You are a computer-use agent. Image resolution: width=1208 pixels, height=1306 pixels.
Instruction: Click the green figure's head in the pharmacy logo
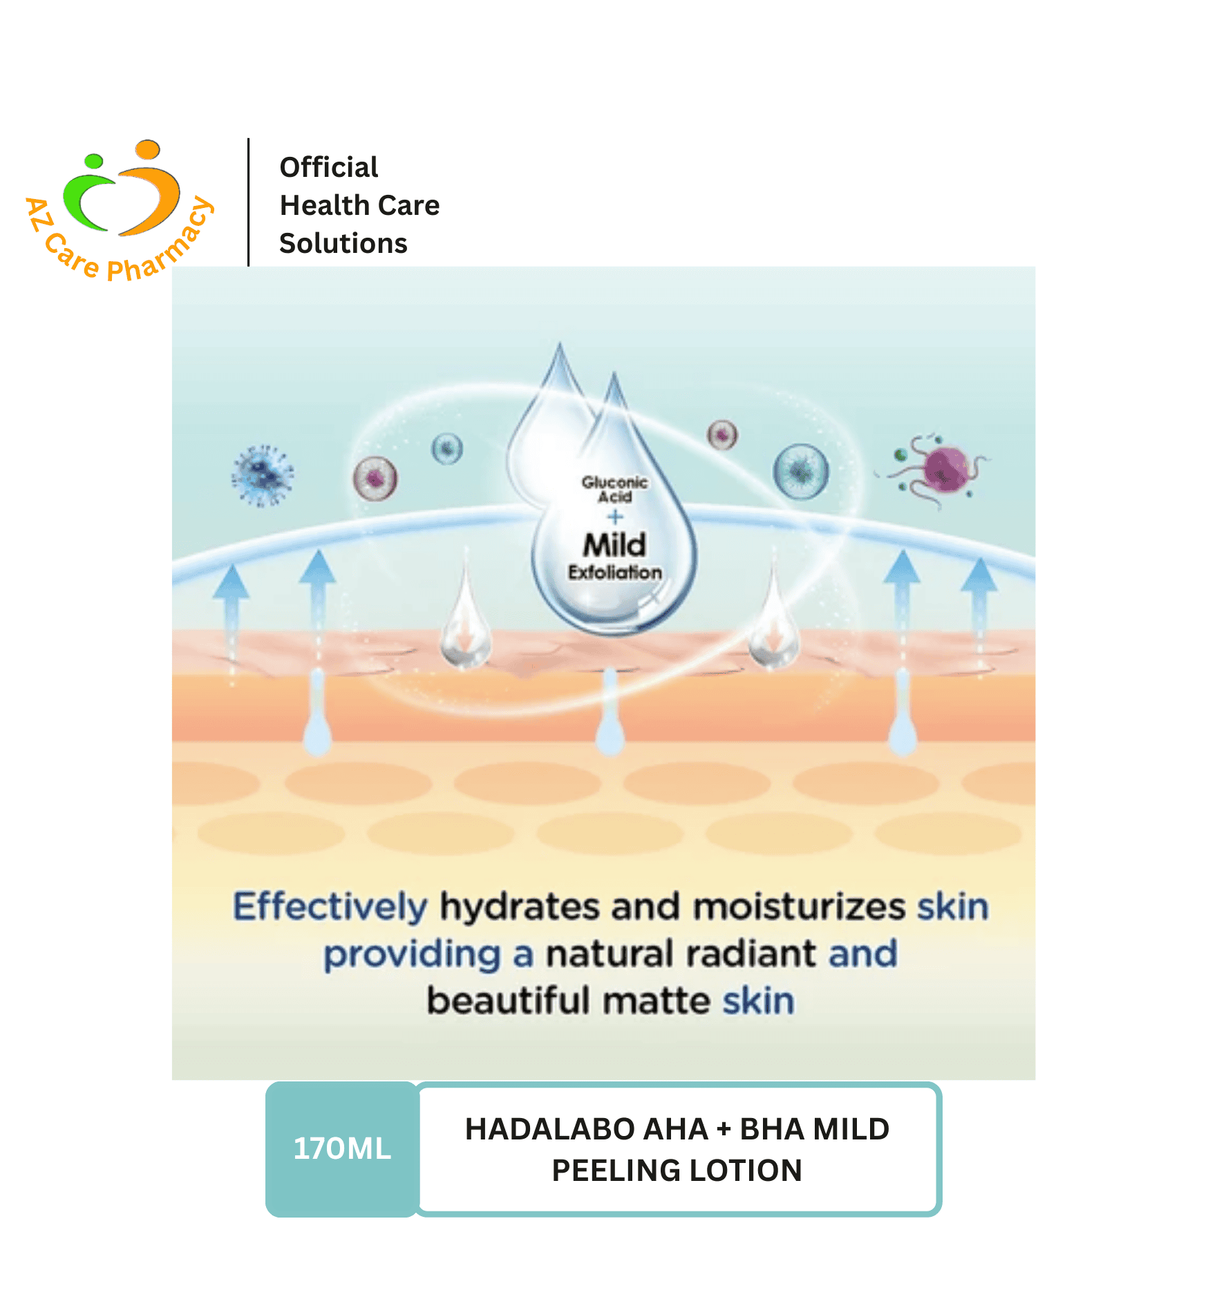(x=93, y=161)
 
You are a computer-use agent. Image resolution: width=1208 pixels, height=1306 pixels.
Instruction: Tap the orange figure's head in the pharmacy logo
(x=147, y=149)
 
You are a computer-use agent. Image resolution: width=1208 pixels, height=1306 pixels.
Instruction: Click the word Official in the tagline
(x=329, y=167)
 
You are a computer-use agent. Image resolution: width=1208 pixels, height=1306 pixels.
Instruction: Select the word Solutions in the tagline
(x=343, y=243)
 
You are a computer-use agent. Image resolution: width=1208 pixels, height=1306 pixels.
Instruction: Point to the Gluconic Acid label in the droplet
(x=614, y=489)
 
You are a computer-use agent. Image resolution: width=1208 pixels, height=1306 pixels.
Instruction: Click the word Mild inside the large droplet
(x=614, y=545)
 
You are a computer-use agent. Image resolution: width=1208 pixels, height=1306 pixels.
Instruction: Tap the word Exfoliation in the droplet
(x=615, y=572)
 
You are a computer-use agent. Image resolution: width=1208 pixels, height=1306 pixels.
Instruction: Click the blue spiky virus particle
(x=262, y=475)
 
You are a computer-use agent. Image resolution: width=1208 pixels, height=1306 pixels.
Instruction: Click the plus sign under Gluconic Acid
(x=615, y=516)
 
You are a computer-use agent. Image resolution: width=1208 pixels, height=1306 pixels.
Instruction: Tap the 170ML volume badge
(x=342, y=1148)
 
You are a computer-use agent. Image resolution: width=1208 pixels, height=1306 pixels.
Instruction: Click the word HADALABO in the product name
(x=549, y=1129)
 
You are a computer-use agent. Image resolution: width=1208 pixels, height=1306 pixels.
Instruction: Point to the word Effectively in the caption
(x=330, y=906)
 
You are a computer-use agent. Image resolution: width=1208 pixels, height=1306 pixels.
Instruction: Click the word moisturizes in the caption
(x=799, y=906)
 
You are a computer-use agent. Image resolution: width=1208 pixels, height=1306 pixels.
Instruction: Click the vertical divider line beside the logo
(x=248, y=202)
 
